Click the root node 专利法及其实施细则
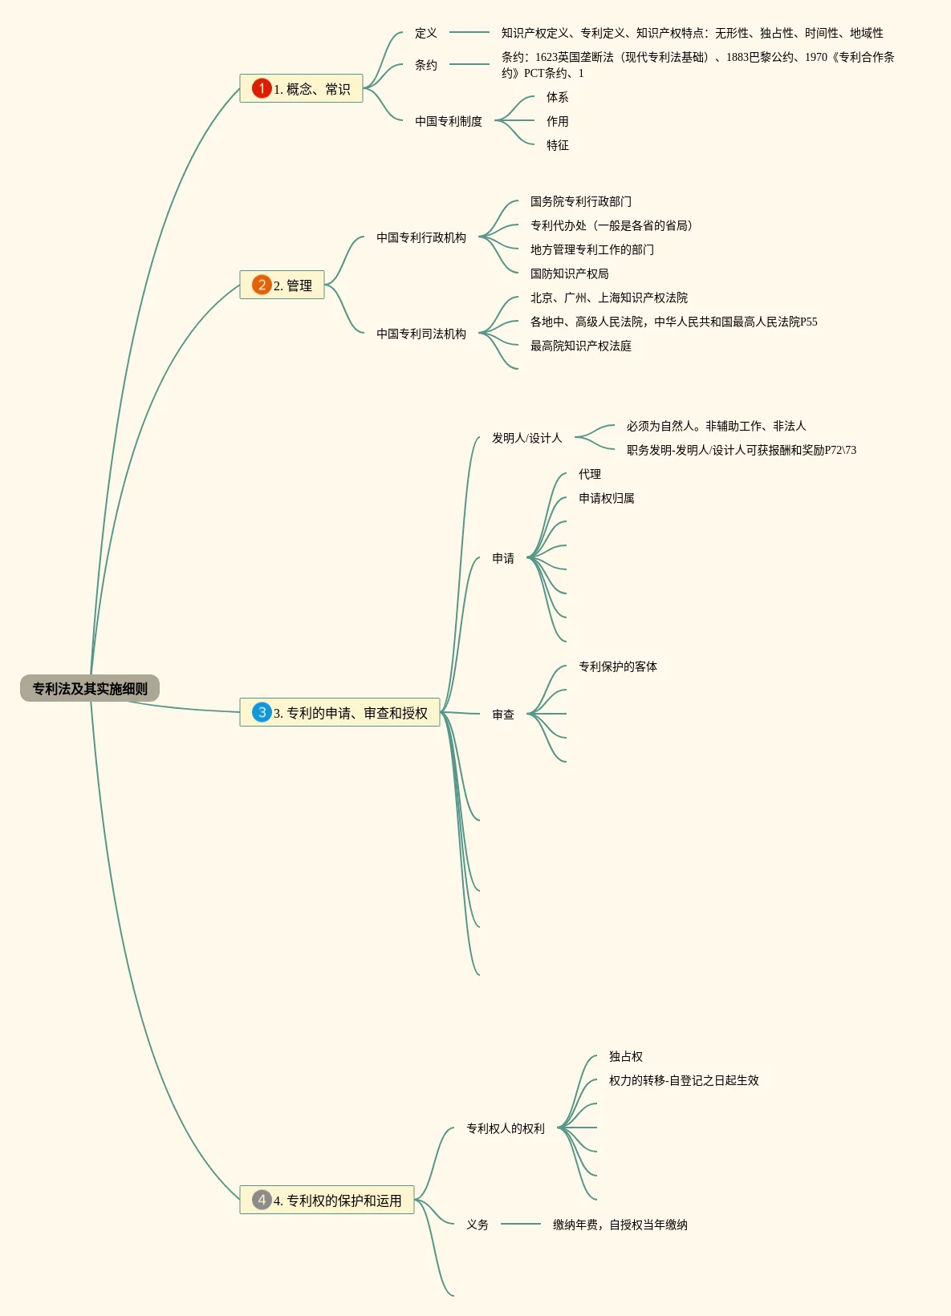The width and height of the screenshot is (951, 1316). pos(90,688)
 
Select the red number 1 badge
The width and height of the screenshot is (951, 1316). pos(261,88)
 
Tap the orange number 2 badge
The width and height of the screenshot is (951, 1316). pos(261,285)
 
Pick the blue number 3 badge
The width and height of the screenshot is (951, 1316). pos(261,712)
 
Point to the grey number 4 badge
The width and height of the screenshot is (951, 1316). pos(261,1200)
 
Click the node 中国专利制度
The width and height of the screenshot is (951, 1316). pos(448,121)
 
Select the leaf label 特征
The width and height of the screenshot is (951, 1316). pos(557,145)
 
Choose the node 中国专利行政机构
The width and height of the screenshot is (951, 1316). pos(421,237)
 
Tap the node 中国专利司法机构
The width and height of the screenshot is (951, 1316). pos(421,334)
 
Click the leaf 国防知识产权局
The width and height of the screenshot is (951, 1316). pos(569,273)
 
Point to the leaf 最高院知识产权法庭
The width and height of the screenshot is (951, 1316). pos(580,346)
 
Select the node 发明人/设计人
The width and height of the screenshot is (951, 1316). pos(526,438)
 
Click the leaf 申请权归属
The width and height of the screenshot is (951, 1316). pos(606,498)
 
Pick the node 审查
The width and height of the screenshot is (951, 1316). pos(502,715)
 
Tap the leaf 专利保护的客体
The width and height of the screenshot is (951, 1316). pos(617,666)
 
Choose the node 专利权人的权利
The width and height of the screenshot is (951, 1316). pos(505,1128)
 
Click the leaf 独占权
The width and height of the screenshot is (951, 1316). pos(625,1056)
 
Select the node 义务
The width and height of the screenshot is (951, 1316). pos(477,1225)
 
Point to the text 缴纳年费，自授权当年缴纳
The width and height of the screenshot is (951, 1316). pos(620,1225)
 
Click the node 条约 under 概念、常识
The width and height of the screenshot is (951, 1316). pos(425,65)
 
